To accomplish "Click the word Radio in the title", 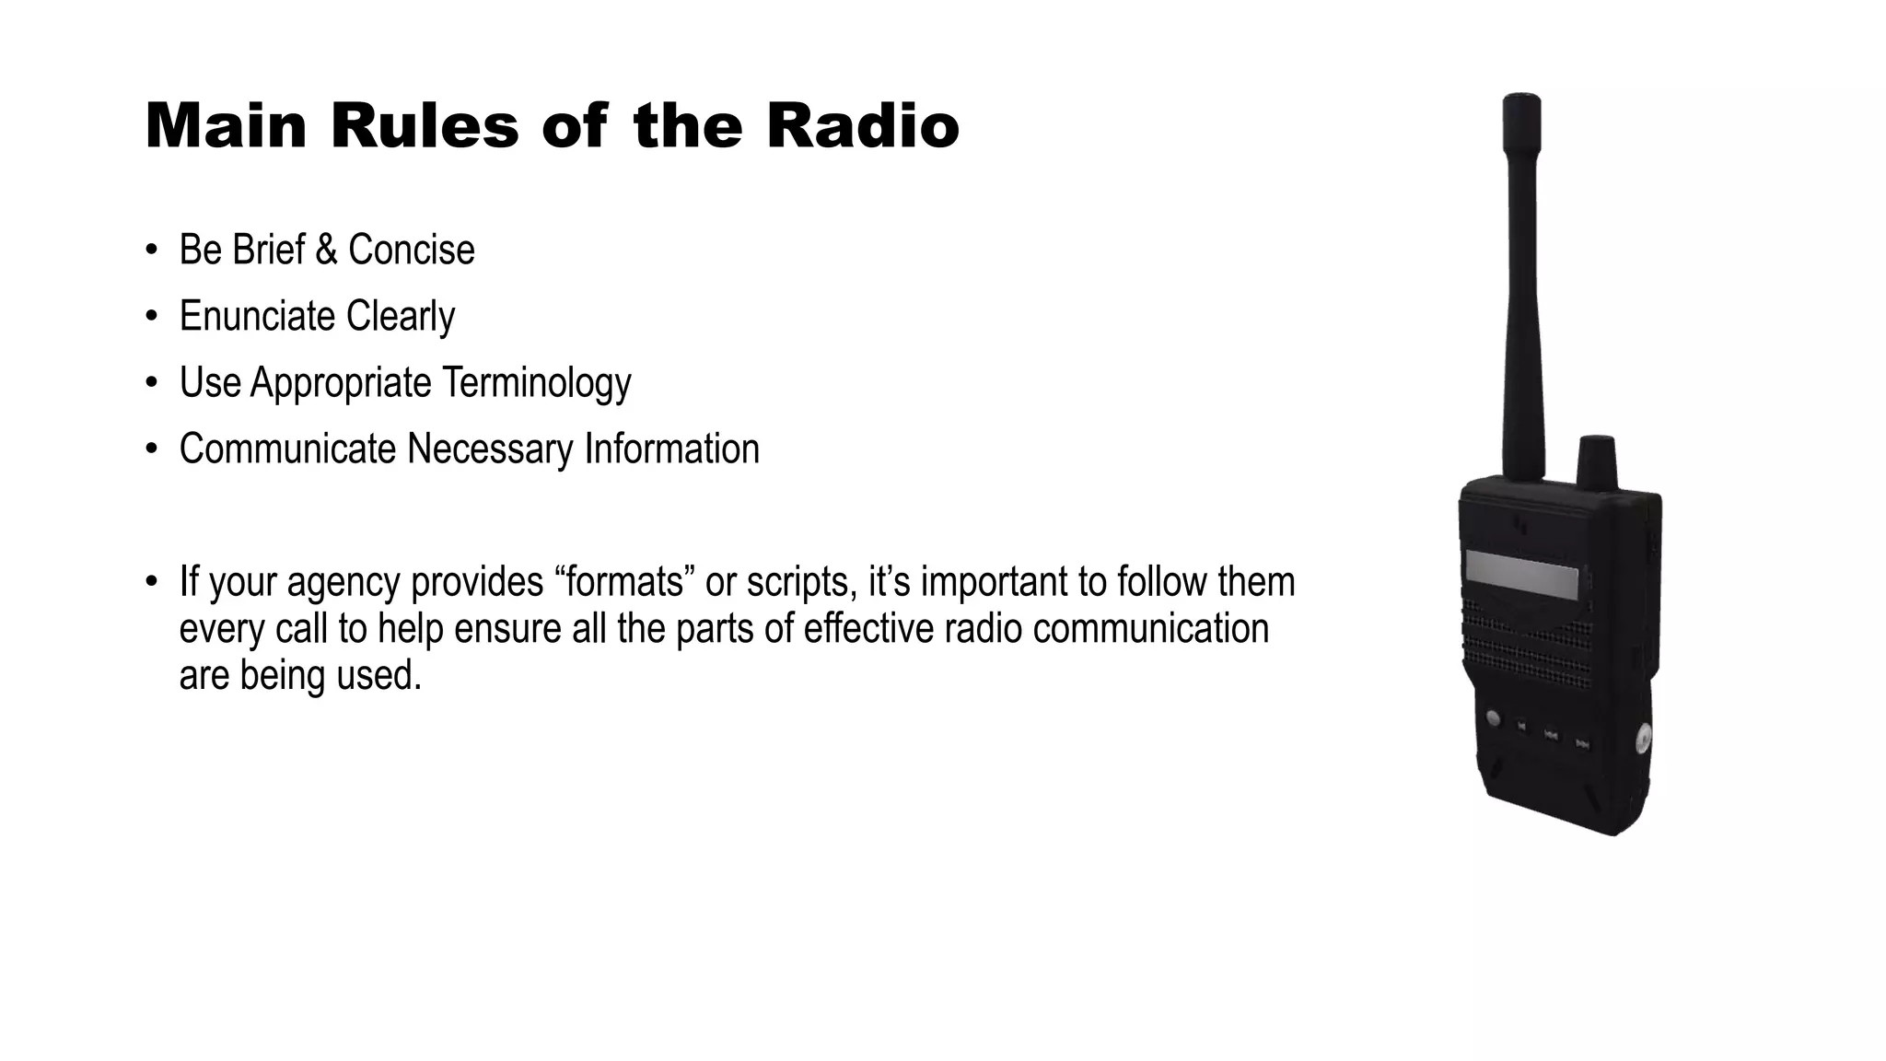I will pos(863,126).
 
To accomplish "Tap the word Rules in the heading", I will pos(425,126).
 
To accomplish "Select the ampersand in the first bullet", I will pos(326,251).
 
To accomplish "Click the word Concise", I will pos(411,251).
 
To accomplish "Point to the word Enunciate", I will pos(257,317).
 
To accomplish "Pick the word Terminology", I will pos(536,383).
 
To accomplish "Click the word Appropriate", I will pos(341,383).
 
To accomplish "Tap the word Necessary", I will pos(490,449).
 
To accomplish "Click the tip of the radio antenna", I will pos(1521,99).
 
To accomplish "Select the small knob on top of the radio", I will pos(1597,459).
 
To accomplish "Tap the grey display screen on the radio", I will pos(1521,574).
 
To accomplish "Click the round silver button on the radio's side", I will pos(1642,738).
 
